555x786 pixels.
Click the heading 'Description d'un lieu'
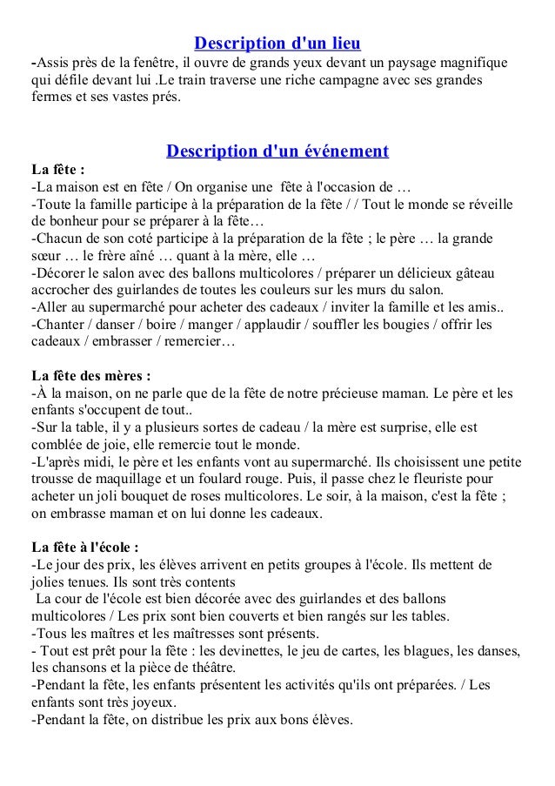[x=277, y=43]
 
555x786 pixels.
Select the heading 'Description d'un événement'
[x=277, y=151]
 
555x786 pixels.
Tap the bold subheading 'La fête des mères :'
[x=90, y=377]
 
